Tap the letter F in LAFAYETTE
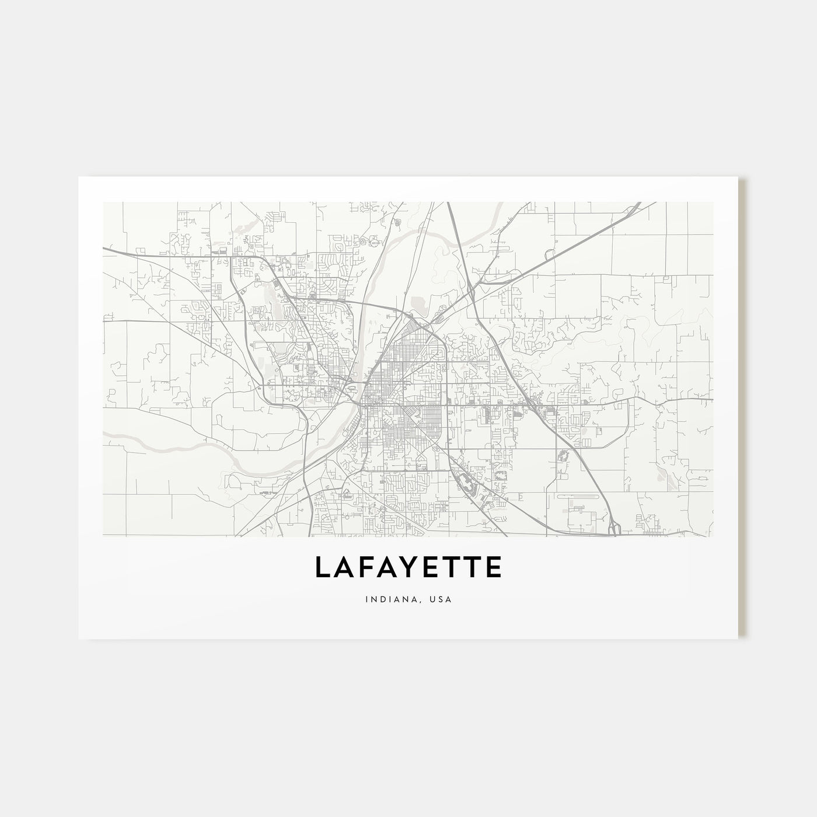click(364, 568)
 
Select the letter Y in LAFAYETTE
click(406, 568)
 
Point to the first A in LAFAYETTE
click(343, 568)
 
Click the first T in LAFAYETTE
click(448, 568)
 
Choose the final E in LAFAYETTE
click(491, 568)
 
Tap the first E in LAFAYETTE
click(427, 568)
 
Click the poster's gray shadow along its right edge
click(743, 408)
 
